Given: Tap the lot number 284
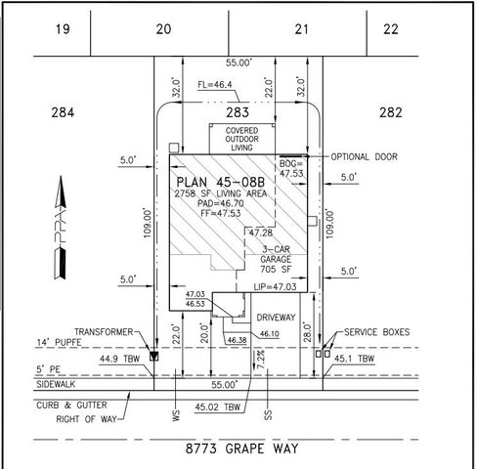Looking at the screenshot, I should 62,113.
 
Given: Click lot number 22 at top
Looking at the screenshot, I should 391,28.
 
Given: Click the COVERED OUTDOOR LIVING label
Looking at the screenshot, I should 241,139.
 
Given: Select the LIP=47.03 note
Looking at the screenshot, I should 275,287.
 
